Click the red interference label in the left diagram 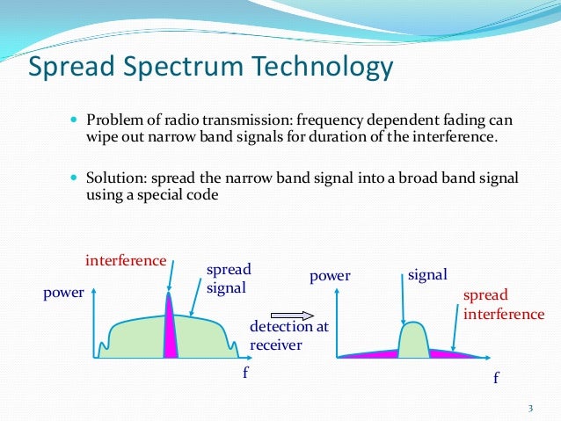click(x=126, y=261)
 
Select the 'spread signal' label click(x=228, y=278)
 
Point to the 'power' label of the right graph click(x=330, y=276)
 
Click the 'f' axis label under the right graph click(x=495, y=378)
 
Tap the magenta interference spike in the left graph click(x=171, y=330)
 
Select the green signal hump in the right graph click(x=413, y=341)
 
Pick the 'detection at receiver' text click(x=277, y=336)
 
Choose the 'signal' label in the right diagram click(x=428, y=275)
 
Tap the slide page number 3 click(x=530, y=407)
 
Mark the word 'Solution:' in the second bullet click(x=114, y=178)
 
